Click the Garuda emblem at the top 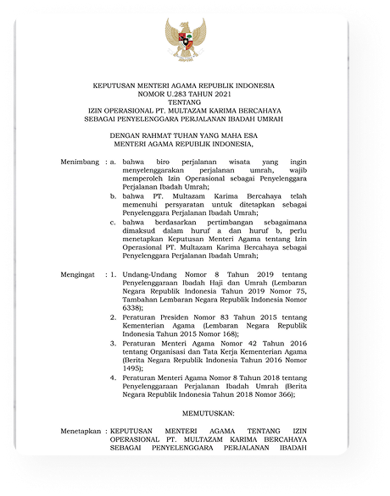(186, 40)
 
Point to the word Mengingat (81, 276)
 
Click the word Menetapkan (83, 431)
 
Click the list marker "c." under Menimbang (114, 222)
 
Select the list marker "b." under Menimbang (114, 195)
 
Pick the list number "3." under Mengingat (114, 345)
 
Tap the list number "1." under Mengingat (114, 276)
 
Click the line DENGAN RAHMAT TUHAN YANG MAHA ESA (195, 134)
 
